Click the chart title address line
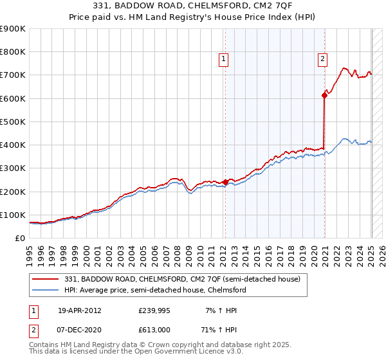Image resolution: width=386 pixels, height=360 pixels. tap(192, 6)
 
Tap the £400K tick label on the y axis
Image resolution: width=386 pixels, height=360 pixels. tap(12, 145)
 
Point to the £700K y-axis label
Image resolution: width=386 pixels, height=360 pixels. tap(12, 75)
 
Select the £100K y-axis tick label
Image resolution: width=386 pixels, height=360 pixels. tap(12, 215)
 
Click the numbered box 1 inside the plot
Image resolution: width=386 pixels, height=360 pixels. tap(223, 59)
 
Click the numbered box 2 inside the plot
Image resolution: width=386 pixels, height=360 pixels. tap(322, 59)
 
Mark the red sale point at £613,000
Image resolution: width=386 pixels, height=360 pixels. tap(324, 95)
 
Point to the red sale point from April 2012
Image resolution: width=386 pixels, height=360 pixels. tap(225, 182)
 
